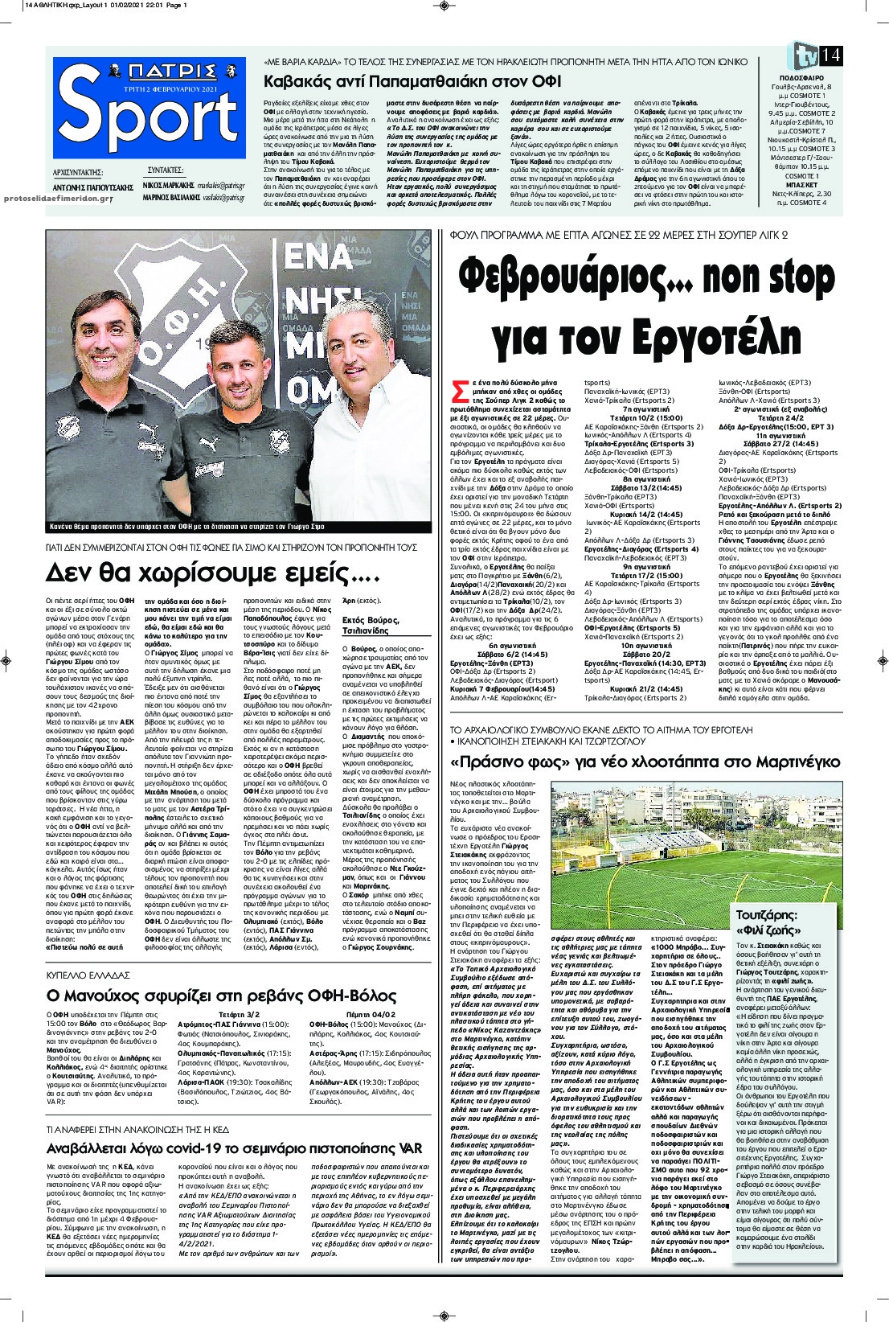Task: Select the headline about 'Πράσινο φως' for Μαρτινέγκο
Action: point(645,762)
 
